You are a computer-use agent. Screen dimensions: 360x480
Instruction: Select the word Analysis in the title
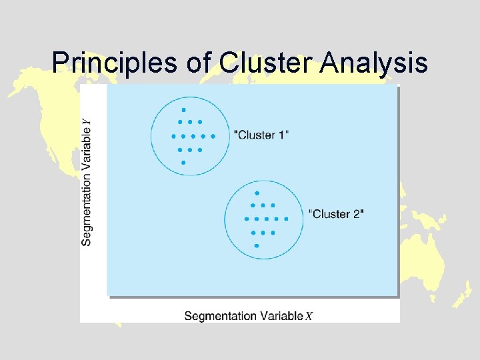[374, 63]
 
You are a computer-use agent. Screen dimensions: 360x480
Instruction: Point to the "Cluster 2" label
[337, 214]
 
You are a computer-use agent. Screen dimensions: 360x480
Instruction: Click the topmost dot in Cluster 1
[183, 109]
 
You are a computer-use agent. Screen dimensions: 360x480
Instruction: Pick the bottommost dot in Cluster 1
[183, 162]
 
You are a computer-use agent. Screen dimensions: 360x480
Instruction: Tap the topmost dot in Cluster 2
[257, 193]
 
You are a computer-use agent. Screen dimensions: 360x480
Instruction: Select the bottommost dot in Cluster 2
[257, 245]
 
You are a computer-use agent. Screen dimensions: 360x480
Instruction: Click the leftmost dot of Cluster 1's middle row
[173, 136]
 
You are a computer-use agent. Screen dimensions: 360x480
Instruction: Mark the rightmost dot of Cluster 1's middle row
[213, 136]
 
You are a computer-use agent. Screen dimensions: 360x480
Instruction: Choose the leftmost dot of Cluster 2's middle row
[247, 219]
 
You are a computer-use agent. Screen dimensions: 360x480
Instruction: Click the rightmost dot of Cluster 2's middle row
[286, 219]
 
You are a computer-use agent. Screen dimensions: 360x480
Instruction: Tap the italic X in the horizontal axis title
[309, 316]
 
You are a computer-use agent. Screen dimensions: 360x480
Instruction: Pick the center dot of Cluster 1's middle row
[193, 136]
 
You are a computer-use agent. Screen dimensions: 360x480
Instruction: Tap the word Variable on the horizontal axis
[280, 316]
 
